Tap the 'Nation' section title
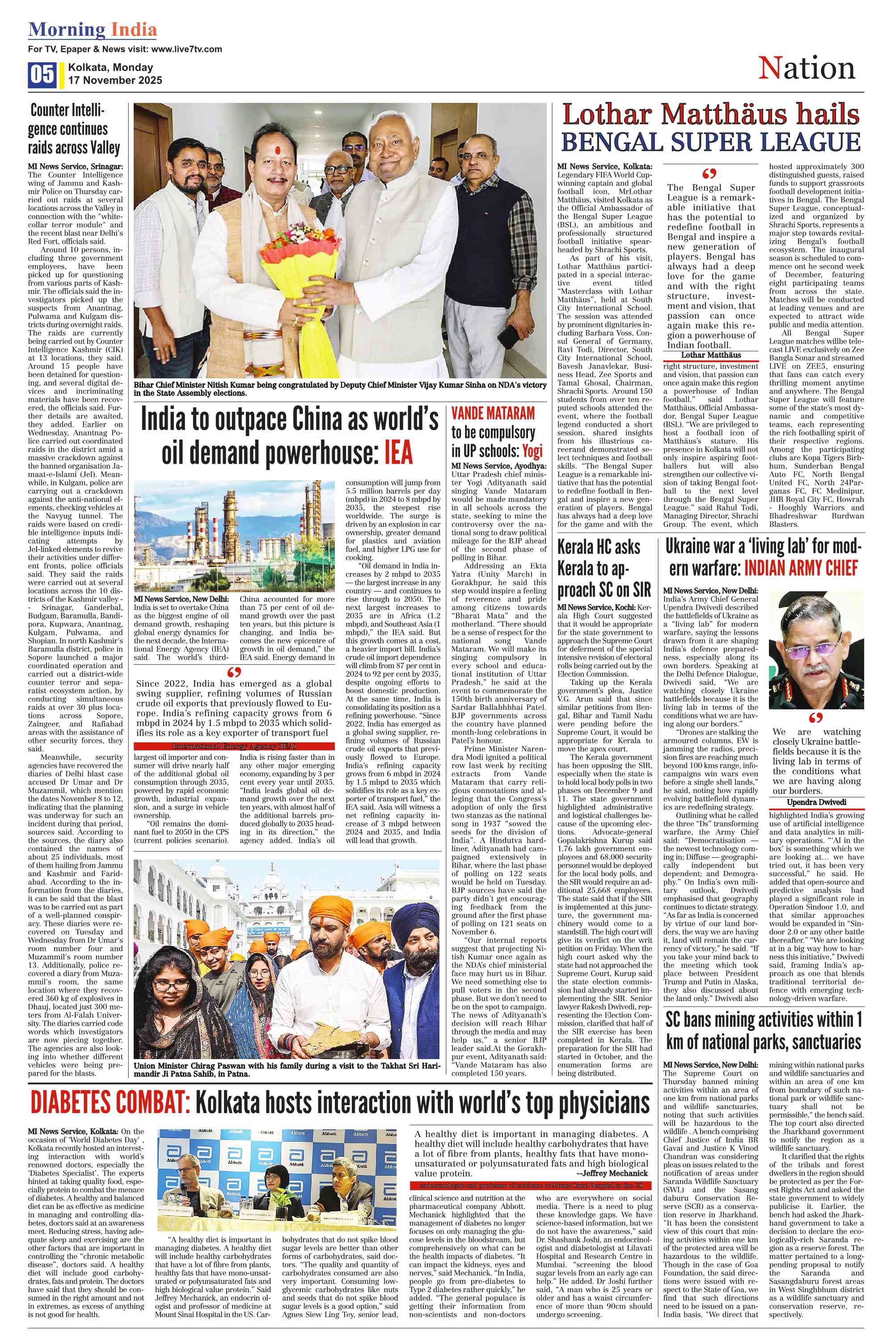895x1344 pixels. click(806, 68)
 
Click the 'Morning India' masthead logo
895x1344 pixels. click(93, 30)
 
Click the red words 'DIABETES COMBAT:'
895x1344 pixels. click(110, 1103)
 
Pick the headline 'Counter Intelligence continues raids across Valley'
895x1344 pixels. click(75, 129)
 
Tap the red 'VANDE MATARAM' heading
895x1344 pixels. click(493, 413)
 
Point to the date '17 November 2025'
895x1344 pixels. click(115, 81)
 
